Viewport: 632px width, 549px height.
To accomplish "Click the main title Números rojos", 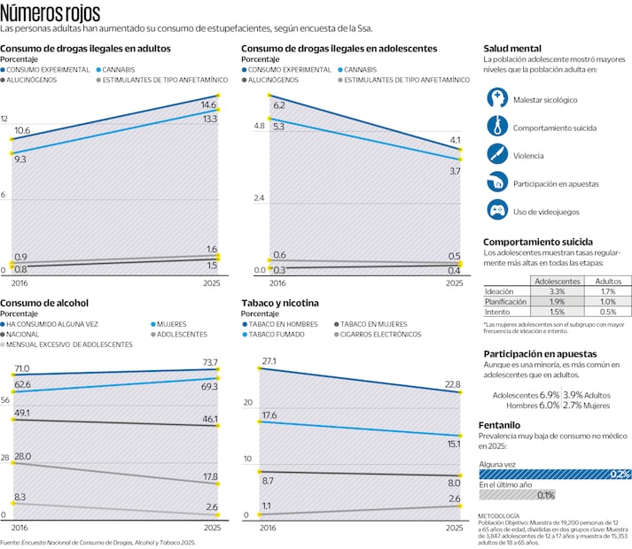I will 51,13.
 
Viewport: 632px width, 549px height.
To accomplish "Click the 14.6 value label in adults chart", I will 209,104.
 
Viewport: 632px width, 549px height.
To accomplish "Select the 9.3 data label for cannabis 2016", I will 20,159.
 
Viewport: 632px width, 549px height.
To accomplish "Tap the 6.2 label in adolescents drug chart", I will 278,105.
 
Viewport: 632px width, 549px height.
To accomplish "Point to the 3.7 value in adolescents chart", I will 455,170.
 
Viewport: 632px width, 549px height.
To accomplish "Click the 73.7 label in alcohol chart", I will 209,363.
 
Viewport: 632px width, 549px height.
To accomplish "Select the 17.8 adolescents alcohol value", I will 209,476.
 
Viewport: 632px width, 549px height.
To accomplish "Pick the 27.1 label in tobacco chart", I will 269,361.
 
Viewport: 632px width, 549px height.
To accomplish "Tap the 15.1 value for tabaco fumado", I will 453,444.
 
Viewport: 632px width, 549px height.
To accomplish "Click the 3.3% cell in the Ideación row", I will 557,290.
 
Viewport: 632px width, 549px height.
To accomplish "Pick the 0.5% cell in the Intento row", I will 607,312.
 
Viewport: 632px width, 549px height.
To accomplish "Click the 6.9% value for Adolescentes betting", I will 549,394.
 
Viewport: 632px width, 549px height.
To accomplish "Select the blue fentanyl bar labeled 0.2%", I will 555,474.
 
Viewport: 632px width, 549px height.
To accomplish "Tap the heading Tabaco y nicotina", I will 280,303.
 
